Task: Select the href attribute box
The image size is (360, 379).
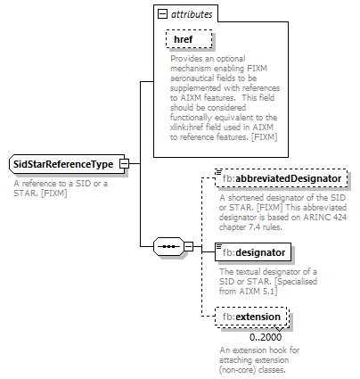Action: click(189, 40)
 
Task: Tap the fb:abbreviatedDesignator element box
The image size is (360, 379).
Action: click(282, 179)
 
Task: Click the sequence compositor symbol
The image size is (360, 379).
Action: click(168, 243)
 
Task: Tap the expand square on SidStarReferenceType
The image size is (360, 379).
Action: click(125, 164)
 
